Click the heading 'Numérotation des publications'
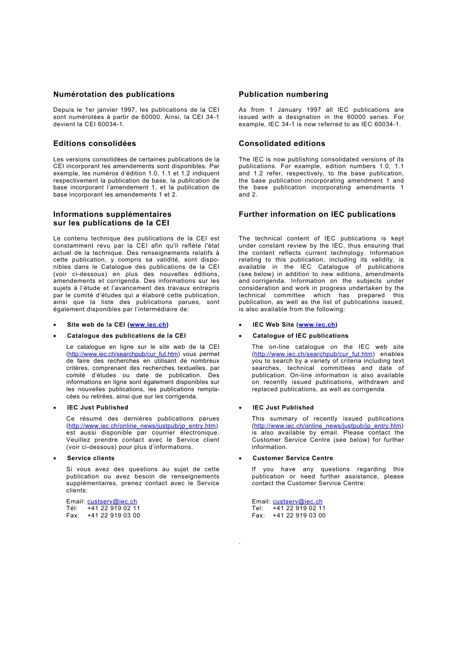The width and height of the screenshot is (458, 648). coord(114,94)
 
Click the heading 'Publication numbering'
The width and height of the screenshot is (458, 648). coord(283,94)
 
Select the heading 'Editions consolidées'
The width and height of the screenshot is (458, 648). coord(94,144)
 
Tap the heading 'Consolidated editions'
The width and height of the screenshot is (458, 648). coord(282,144)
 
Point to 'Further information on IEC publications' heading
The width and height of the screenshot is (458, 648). coord(317,214)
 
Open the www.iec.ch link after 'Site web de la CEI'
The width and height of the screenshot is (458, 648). coord(148,325)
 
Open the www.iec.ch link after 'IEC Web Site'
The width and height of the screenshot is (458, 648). coord(317,325)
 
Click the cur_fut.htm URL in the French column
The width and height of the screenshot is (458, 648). coord(123,354)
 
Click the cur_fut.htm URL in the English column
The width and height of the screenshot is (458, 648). coord(313,354)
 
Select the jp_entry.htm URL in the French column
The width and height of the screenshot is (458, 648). coord(142,426)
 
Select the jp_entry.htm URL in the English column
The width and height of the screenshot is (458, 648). coord(328,426)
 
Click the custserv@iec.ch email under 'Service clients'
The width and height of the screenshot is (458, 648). coord(112,502)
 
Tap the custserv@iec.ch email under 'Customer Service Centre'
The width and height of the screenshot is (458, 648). coord(297,502)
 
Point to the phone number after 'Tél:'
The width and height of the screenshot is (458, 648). coord(114,508)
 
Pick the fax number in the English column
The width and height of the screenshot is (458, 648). coord(299,516)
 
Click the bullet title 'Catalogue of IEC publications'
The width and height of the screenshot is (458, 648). coord(300,336)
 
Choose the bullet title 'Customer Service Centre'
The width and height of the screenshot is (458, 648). coord(293,458)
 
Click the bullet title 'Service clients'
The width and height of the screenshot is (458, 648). coord(91,458)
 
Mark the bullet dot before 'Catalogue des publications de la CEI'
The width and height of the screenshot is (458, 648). coord(55,336)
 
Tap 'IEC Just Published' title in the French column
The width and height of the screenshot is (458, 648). coord(97,408)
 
